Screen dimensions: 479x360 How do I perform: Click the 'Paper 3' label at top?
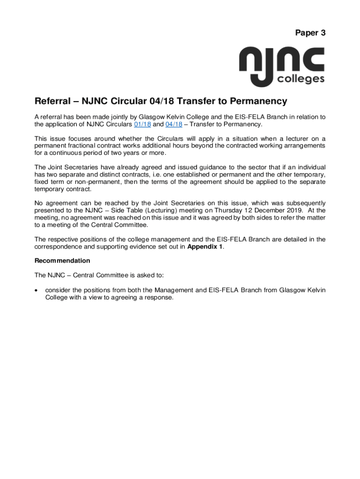(310, 33)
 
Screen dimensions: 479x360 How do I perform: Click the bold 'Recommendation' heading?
(62, 261)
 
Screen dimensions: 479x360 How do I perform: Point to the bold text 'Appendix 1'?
(205, 247)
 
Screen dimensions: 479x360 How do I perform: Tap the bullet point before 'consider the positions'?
(37, 290)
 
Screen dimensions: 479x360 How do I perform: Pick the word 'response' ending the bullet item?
(158, 298)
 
